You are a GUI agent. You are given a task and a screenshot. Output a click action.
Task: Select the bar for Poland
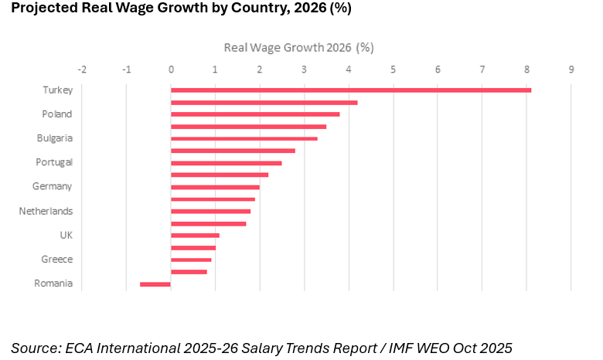[x=255, y=114]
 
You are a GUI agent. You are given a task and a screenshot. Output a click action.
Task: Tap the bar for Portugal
[x=227, y=163]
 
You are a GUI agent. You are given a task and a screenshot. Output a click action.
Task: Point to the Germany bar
[x=215, y=187]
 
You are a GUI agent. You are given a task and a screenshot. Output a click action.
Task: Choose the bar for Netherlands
[x=210, y=211]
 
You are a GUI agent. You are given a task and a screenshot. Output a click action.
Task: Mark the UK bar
[x=195, y=235]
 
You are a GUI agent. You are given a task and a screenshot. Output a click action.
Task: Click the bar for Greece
[x=191, y=260]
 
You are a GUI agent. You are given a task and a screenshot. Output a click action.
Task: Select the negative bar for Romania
[x=155, y=284]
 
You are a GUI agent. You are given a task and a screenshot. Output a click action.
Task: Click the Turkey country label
[x=57, y=90]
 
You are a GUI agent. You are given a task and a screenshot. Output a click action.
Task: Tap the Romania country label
[x=53, y=284]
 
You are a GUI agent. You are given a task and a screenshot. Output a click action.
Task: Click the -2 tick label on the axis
[x=81, y=70]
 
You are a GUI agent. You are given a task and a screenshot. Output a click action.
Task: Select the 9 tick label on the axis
[x=571, y=70]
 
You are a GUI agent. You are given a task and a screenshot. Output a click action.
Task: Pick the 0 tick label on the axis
[x=171, y=70]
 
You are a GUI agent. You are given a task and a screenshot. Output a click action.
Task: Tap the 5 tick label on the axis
[x=393, y=70]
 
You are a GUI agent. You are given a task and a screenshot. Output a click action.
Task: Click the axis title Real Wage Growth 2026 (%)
[x=298, y=47]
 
